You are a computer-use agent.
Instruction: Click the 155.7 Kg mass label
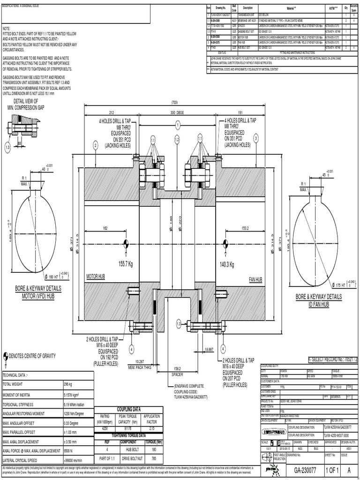(x=127, y=264)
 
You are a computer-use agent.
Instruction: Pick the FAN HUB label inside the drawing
(x=255, y=279)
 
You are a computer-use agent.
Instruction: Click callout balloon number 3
(x=256, y=138)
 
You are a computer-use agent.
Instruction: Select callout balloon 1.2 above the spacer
(x=177, y=140)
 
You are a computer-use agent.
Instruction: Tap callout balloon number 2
(x=95, y=146)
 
